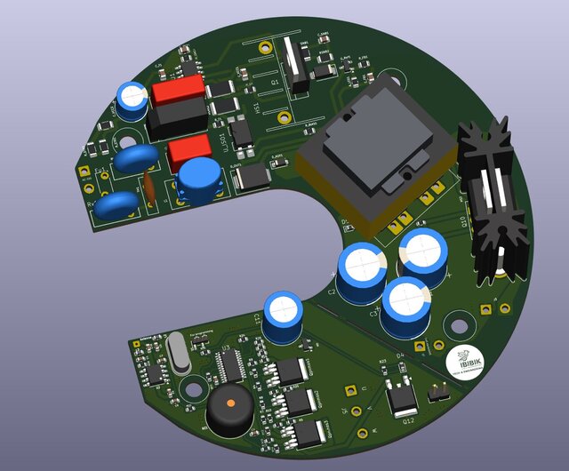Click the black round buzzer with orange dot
click(x=230, y=410)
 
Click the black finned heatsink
click(x=492, y=200)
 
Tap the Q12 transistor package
click(x=401, y=394)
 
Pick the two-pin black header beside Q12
click(x=437, y=392)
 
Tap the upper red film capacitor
click(x=178, y=91)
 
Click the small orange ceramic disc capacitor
click(x=150, y=188)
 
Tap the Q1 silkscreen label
click(x=275, y=82)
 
